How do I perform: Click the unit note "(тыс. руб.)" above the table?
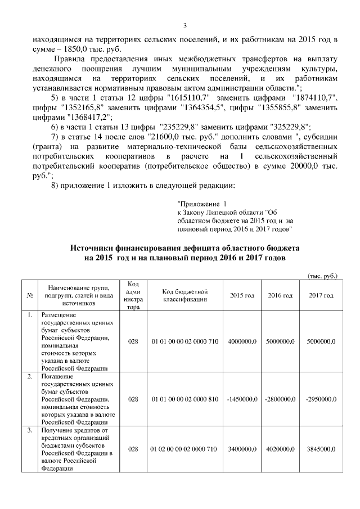point(322,276)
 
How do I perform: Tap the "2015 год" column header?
point(242,296)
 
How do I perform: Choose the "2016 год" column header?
point(280,296)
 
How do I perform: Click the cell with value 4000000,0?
point(242,341)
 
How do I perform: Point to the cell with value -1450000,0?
point(242,399)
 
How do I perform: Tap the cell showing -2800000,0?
point(280,399)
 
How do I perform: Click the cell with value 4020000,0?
point(280,450)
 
